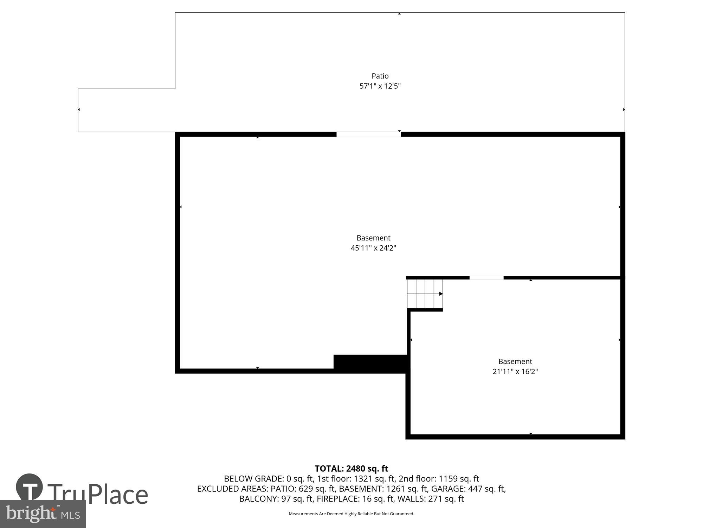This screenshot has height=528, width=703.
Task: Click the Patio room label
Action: point(380,76)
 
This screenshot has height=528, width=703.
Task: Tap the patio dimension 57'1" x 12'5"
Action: point(380,86)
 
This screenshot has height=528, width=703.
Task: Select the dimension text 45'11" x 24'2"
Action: point(373,248)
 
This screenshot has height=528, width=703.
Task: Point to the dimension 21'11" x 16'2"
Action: point(515,372)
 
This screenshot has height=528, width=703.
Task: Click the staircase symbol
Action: point(425,294)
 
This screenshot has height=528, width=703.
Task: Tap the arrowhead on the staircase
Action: point(441,294)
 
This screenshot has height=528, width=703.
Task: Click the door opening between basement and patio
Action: point(368,134)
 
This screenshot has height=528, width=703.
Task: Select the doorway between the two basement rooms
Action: point(486,278)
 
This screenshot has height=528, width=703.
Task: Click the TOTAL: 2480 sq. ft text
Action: point(351,469)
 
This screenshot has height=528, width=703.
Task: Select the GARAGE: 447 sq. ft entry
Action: point(468,489)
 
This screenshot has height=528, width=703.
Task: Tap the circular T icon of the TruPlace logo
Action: point(29,487)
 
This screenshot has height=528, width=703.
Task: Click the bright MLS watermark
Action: point(43,514)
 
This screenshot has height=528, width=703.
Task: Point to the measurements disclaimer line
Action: point(351,514)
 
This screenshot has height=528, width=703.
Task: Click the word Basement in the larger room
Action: point(373,238)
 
